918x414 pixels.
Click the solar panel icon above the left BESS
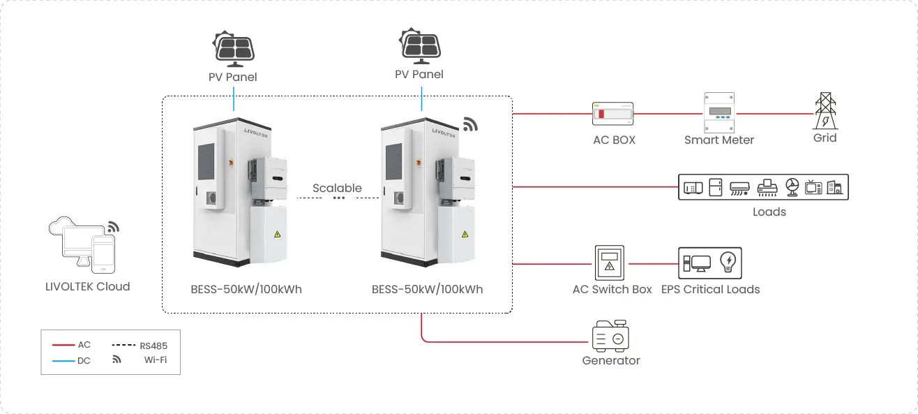233,48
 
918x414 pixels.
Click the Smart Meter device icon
719,112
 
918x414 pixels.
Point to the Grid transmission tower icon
825,110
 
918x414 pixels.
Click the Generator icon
610,337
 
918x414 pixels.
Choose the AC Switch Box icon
609,263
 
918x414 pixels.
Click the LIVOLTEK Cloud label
87,286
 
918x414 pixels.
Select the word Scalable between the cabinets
337,188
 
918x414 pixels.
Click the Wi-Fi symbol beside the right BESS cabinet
471,124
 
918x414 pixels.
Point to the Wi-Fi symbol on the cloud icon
113,228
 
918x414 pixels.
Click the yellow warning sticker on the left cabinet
278,234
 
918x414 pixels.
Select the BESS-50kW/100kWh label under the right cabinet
427,289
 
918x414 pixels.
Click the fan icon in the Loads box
792,187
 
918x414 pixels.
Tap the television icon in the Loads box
813,187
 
